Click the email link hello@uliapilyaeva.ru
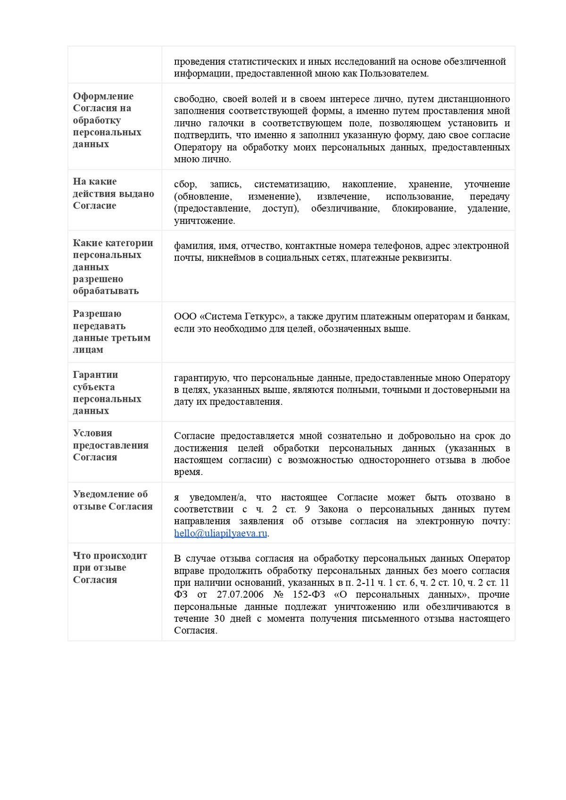coord(220,533)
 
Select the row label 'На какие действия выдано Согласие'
coord(113,193)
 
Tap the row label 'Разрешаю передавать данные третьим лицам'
coord(111,332)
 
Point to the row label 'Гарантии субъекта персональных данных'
coord(107,392)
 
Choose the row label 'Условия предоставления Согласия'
coord(110,445)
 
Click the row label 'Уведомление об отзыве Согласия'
coord(112,500)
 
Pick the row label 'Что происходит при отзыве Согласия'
coord(109,568)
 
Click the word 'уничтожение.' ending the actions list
coord(204,221)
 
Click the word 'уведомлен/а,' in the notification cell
coord(217,498)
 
